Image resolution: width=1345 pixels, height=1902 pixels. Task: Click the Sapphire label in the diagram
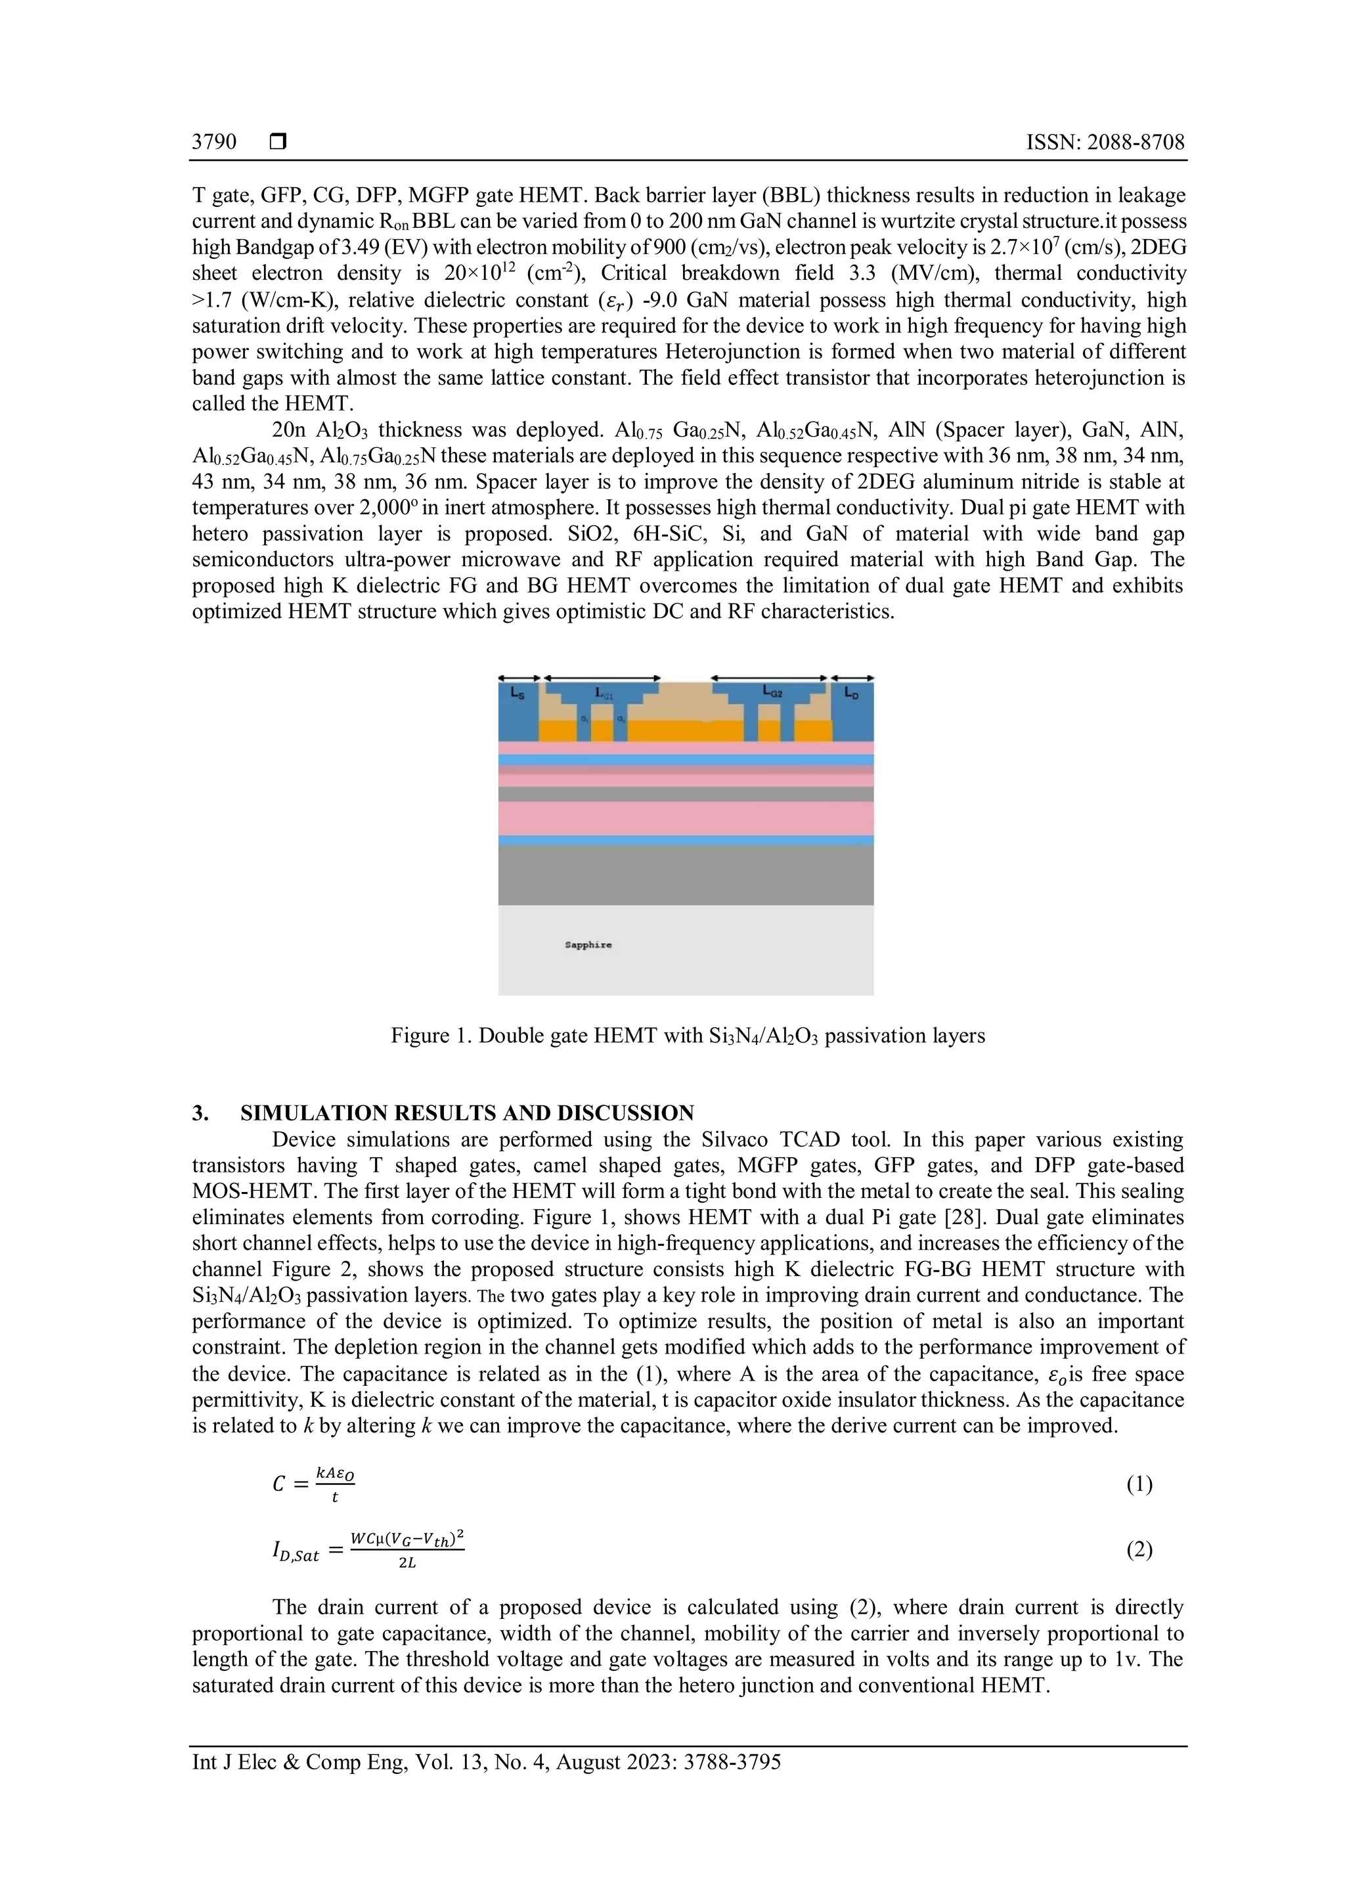point(588,944)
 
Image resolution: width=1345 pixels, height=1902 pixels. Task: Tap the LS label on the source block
point(518,694)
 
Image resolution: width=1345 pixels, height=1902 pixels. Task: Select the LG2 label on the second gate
point(772,692)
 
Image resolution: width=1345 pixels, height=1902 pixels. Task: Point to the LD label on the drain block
point(851,694)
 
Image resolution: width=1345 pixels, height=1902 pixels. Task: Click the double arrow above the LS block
point(519,678)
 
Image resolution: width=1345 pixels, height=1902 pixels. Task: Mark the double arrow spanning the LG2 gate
point(770,678)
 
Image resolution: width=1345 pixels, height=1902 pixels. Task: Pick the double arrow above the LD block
point(853,678)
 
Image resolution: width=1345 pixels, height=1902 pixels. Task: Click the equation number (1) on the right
point(1139,1484)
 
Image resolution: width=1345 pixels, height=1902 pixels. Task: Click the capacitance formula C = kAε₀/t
point(314,1484)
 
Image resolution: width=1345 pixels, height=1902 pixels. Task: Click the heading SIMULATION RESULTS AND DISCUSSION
point(467,1113)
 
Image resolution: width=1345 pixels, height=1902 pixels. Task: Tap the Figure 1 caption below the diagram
point(688,1036)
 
